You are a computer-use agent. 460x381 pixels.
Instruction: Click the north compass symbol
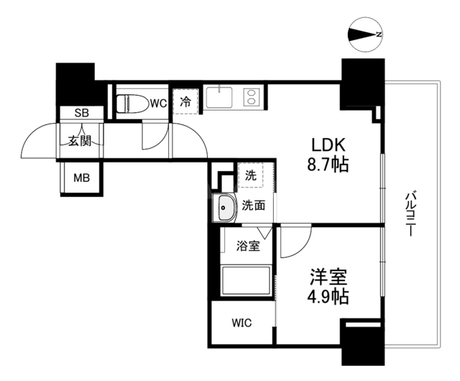(365, 33)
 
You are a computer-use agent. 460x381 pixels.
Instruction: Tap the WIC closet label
(241, 323)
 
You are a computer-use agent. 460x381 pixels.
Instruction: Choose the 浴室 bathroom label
(248, 246)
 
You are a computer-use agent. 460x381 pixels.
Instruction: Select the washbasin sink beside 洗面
(226, 207)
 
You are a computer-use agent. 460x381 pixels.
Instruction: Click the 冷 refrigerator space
(185, 101)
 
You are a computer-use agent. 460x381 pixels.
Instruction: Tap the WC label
(159, 104)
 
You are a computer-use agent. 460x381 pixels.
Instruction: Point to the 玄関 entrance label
(80, 141)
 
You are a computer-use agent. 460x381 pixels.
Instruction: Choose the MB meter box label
(80, 178)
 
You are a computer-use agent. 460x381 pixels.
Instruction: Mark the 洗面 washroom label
(253, 206)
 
